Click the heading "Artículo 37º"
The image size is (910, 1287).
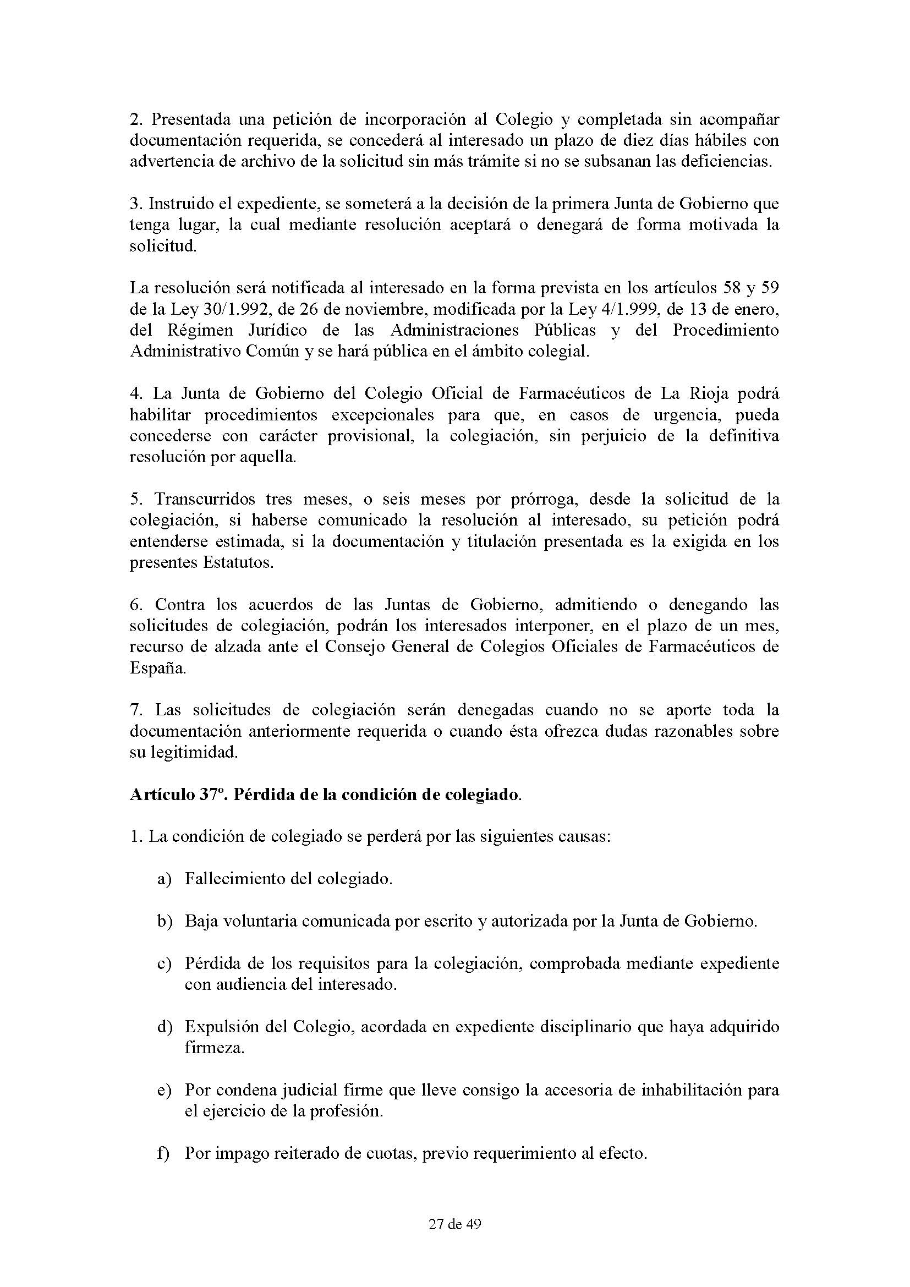(x=176, y=796)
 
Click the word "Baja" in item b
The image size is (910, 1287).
(x=202, y=922)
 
